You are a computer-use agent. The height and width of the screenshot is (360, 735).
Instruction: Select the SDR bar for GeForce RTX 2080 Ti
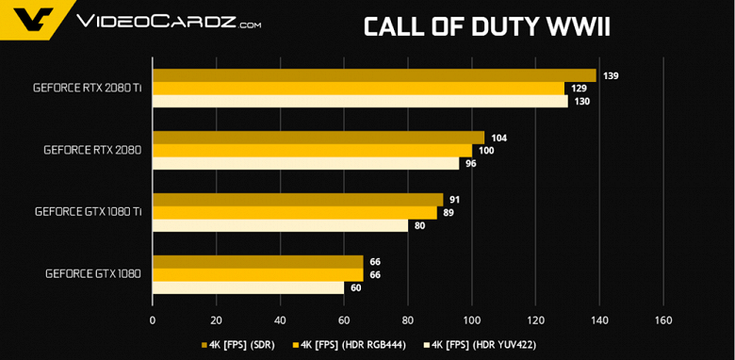(x=374, y=75)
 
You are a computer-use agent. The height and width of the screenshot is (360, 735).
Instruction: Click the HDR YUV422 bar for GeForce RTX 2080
(x=305, y=163)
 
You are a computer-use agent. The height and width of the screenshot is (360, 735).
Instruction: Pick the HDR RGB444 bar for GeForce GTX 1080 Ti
(x=294, y=212)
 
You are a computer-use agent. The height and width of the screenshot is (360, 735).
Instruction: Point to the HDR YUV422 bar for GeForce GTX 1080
(x=248, y=287)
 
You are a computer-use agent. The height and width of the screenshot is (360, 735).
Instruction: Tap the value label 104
(x=498, y=138)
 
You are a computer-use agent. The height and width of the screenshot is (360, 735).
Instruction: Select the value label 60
(x=355, y=287)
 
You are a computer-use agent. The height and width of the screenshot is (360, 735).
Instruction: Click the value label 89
(x=449, y=212)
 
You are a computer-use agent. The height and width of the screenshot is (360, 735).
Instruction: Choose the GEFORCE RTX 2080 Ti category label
(x=87, y=88)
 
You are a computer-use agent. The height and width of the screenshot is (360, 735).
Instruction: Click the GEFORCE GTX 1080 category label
(x=92, y=274)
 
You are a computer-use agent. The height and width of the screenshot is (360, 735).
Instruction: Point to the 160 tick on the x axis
(x=663, y=319)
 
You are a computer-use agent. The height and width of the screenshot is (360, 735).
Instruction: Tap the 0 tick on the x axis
(x=153, y=319)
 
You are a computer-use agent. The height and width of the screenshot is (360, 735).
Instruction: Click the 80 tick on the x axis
(x=408, y=319)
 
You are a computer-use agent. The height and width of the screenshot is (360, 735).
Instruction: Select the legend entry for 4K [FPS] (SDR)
(x=239, y=344)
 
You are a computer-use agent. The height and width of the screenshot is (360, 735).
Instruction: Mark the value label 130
(x=582, y=101)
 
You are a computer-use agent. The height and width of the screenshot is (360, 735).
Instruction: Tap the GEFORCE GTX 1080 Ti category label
(x=88, y=212)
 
